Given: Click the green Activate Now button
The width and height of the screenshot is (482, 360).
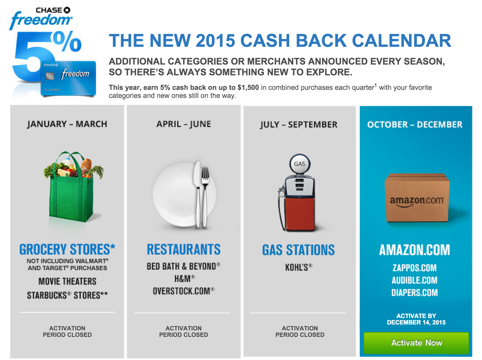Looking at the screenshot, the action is tap(416, 343).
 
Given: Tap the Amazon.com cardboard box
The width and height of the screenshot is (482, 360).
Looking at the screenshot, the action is tap(417, 198).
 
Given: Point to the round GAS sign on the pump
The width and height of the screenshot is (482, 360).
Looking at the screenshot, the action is tap(300, 164).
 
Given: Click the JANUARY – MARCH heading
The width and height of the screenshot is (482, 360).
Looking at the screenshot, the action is tap(67, 124).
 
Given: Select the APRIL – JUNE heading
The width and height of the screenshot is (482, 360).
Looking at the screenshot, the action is tap(184, 124).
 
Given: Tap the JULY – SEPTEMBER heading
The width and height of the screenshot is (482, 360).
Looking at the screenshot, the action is tap(299, 125).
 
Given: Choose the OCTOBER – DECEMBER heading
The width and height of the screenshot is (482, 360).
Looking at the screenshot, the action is tap(415, 125).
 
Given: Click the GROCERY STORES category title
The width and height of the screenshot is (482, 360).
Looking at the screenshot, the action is tap(67, 249).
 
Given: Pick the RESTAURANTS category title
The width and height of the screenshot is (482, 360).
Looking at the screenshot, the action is tap(184, 249).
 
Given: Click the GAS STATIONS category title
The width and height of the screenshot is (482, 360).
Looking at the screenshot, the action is tap(299, 250).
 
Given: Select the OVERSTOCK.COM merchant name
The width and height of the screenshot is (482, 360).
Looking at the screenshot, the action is tap(184, 291).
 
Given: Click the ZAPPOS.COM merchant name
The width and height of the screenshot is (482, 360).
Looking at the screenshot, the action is tap(415, 268).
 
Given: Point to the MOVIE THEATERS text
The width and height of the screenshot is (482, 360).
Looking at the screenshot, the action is tap(67, 281).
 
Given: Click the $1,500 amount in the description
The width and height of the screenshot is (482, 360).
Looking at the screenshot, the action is tap(248, 88).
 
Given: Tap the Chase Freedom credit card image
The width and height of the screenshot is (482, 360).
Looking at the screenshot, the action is tap(68, 78).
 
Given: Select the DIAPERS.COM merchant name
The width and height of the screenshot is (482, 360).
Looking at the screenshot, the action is tap(415, 292).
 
